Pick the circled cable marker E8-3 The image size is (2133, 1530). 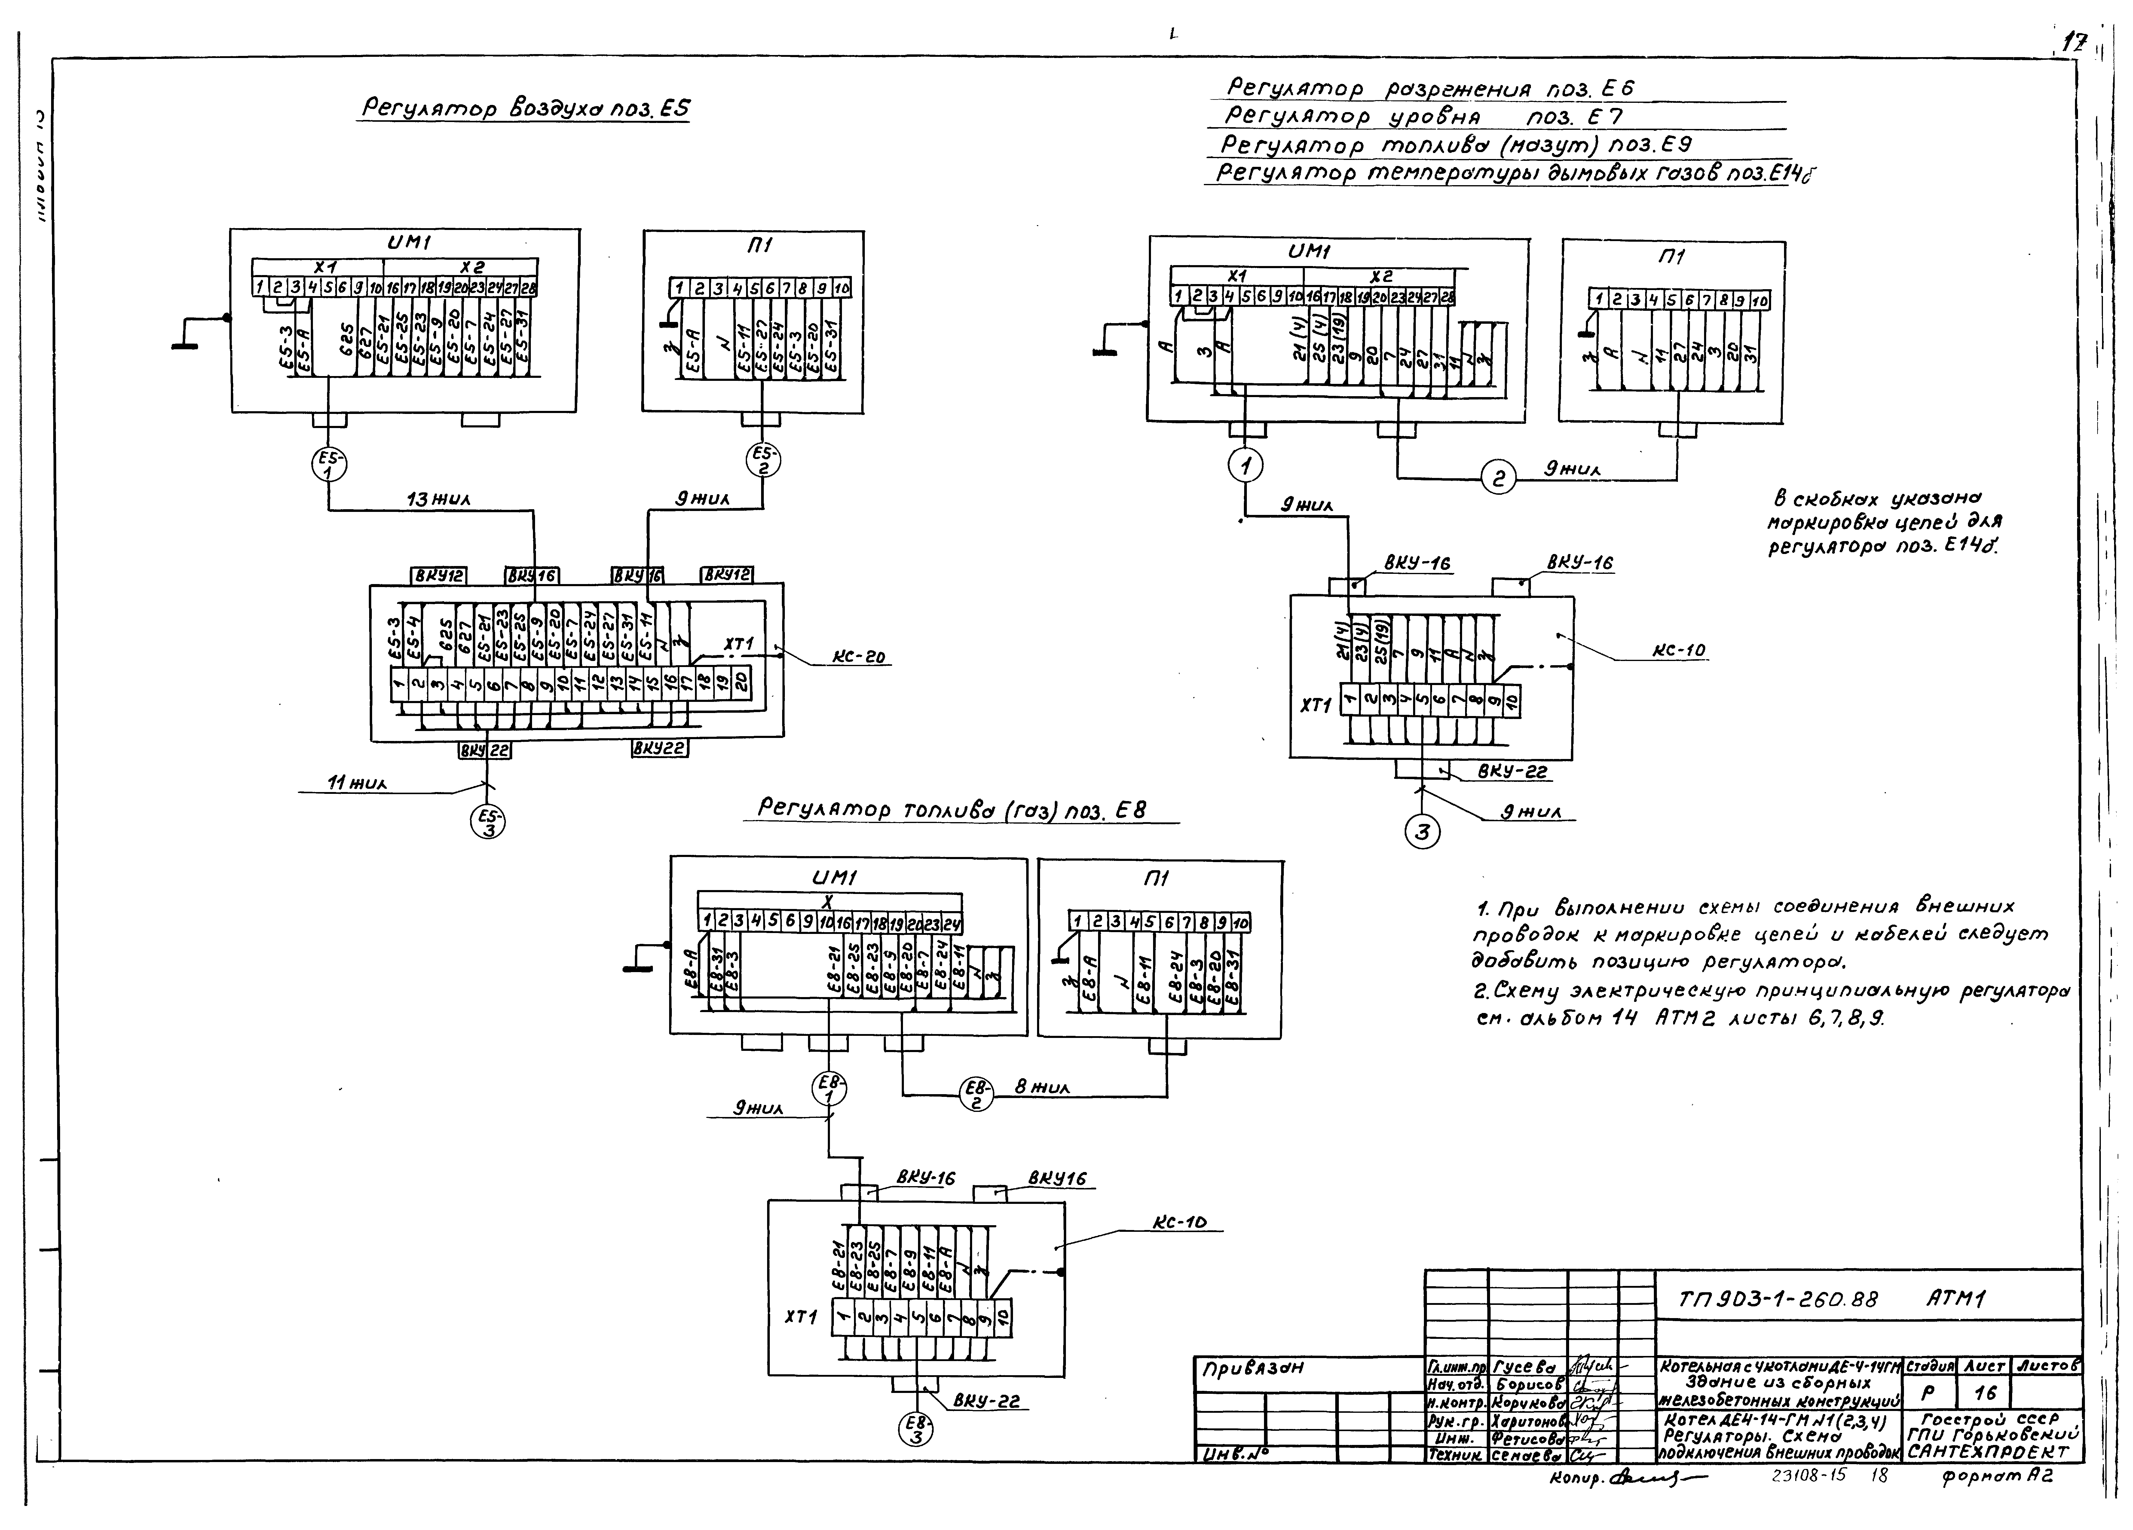pyautogui.click(x=915, y=1429)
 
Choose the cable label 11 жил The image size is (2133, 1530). pyautogui.click(x=357, y=782)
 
